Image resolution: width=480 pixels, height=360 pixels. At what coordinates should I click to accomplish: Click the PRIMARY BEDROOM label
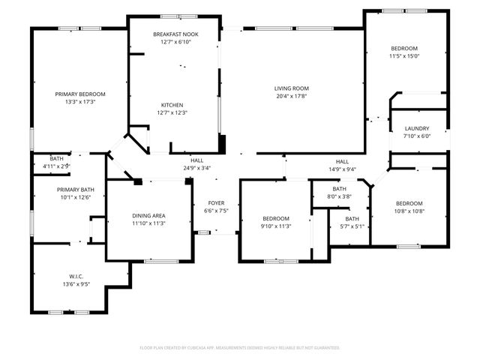click(80, 94)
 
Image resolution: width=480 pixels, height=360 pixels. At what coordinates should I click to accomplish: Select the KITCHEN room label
click(172, 105)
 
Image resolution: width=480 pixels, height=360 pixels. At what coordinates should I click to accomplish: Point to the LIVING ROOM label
click(291, 88)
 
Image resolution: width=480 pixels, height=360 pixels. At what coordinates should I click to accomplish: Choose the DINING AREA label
click(148, 215)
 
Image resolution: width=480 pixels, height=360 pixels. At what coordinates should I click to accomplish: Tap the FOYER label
click(216, 202)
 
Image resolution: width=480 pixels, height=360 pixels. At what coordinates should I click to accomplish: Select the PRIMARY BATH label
click(74, 190)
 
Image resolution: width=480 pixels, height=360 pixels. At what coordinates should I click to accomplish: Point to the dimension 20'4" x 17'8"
click(291, 96)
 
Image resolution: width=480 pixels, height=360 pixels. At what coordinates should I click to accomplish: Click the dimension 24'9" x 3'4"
click(196, 168)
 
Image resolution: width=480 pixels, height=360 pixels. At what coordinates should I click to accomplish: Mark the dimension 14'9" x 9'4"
click(342, 169)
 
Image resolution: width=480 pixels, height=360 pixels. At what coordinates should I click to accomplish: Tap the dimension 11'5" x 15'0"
click(405, 55)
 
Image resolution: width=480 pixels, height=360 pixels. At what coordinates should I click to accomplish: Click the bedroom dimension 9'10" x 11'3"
click(276, 226)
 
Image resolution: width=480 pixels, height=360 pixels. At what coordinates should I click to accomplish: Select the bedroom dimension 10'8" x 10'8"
click(409, 211)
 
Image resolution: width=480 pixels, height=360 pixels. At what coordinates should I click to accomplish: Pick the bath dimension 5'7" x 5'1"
click(352, 226)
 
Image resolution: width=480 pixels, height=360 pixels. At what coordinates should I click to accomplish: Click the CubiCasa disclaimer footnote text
click(240, 348)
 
